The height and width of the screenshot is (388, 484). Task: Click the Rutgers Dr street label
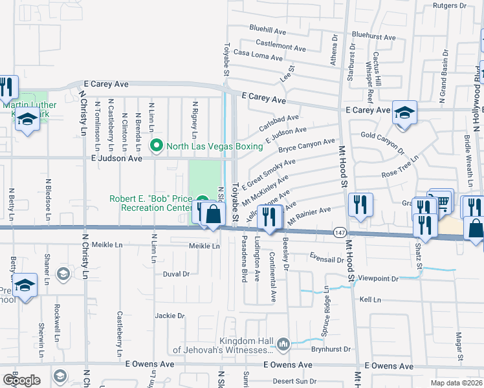click(x=450, y=5)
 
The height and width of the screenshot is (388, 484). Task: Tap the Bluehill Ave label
click(x=268, y=30)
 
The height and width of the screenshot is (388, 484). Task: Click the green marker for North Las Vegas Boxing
click(x=156, y=146)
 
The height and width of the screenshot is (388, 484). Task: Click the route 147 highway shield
click(x=340, y=232)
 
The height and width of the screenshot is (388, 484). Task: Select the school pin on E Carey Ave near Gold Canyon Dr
click(x=404, y=112)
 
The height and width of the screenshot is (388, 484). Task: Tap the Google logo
click(x=21, y=380)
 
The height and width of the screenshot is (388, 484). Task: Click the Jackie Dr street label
click(x=170, y=316)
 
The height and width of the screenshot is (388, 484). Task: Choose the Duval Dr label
click(x=176, y=274)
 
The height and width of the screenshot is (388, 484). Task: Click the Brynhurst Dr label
click(x=329, y=349)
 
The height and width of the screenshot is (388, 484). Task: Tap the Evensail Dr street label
click(x=326, y=259)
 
